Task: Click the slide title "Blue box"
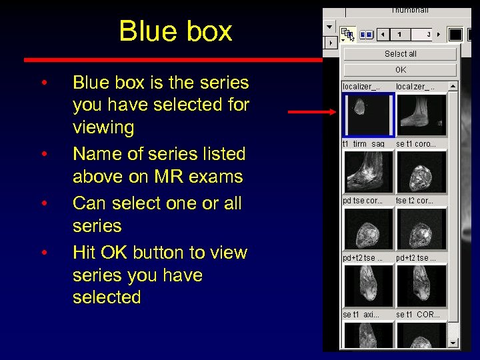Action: [x=175, y=31]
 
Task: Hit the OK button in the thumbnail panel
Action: [x=400, y=69]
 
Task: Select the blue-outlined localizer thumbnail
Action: [x=369, y=115]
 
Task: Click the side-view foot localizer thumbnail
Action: [x=421, y=115]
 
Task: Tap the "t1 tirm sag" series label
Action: [x=363, y=143]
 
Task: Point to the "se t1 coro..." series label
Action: [x=417, y=143]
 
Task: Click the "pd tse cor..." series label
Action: [x=363, y=200]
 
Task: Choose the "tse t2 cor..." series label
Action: [x=415, y=200]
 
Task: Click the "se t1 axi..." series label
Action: [x=361, y=314]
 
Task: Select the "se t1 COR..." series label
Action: [x=418, y=314]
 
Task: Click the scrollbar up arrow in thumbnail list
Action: [x=453, y=86]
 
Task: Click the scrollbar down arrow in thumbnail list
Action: [x=453, y=343]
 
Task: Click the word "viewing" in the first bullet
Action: [x=103, y=127]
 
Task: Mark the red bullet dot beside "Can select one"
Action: [x=43, y=203]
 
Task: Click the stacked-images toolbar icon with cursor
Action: [x=347, y=33]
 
